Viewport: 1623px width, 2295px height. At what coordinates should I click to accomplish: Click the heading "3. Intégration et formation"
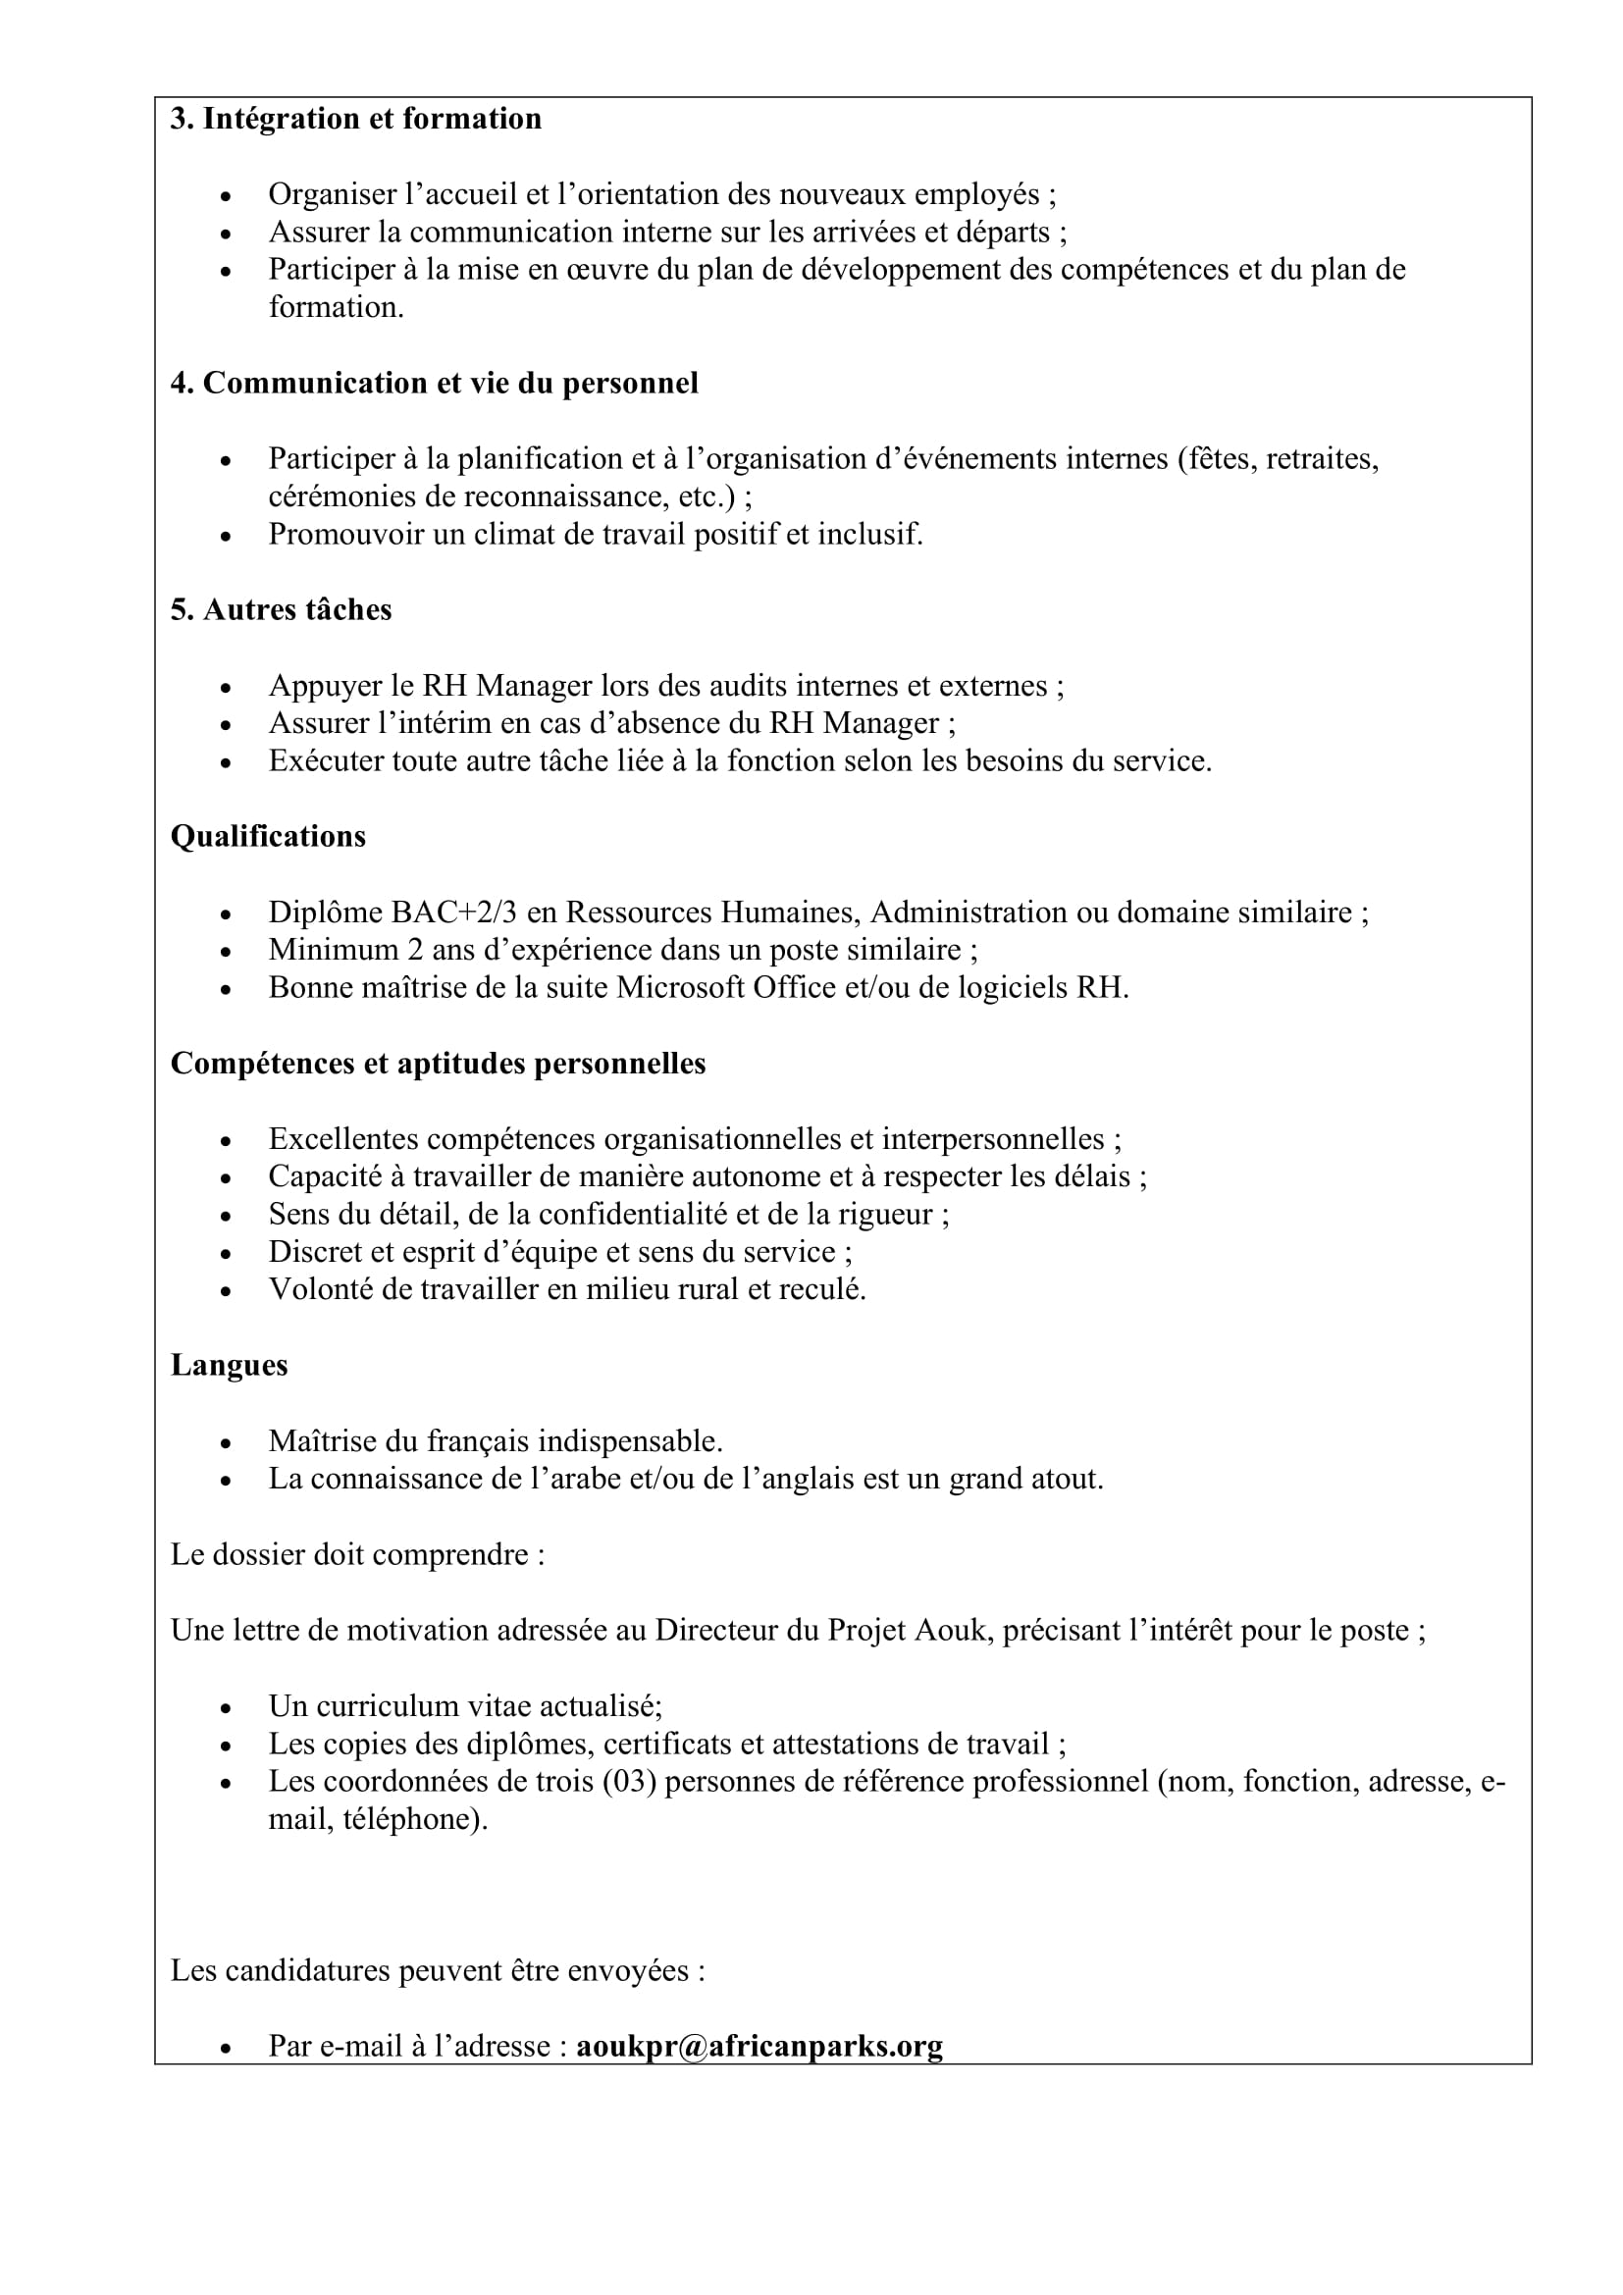click(356, 119)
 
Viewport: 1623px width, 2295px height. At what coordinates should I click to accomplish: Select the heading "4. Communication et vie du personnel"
click(434, 383)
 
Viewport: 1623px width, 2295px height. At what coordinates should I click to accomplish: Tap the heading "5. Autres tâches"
click(281, 609)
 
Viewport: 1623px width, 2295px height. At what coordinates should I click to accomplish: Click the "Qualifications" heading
click(268, 836)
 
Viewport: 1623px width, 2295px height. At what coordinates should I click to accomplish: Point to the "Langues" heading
click(229, 1365)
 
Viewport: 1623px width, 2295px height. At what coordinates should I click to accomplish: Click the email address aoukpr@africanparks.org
click(759, 2045)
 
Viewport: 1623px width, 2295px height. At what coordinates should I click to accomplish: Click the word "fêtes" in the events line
click(1217, 459)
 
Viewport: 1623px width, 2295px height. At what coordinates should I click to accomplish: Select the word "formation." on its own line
click(336, 307)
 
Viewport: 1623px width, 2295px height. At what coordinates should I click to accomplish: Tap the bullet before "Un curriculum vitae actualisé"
click(226, 1708)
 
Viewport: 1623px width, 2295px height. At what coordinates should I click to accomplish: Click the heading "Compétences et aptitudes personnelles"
click(438, 1063)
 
